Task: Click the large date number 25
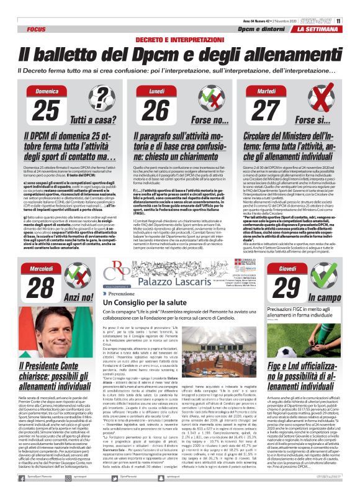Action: [46, 111]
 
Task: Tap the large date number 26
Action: [156, 111]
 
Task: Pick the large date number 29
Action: [286, 287]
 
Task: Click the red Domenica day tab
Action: [47, 91]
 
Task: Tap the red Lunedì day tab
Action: [156, 91]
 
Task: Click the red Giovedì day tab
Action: [287, 268]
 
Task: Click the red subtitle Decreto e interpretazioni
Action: [179, 40]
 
